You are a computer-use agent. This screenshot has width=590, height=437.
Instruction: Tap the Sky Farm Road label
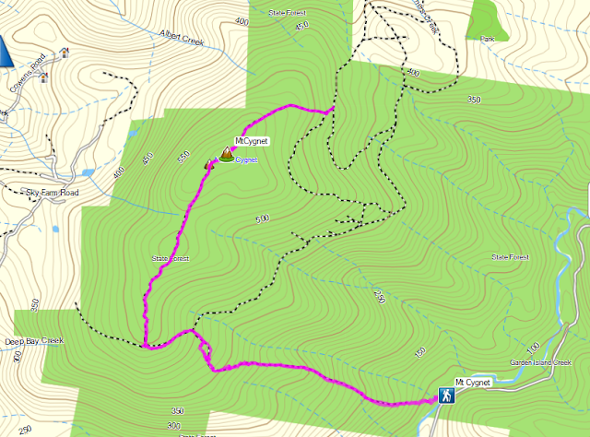pos(52,193)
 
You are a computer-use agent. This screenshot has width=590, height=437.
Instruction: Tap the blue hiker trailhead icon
pos(446,396)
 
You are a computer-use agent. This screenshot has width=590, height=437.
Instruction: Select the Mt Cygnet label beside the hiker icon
pos(473,382)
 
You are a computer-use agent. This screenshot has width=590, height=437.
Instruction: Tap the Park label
pos(489,38)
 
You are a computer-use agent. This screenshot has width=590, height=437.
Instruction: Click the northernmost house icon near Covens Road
pos(64,52)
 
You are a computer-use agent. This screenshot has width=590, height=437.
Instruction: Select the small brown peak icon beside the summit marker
pos(208,164)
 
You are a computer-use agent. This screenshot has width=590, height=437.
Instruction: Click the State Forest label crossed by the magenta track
pos(171,259)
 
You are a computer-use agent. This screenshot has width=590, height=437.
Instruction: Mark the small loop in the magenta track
pos(205,350)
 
